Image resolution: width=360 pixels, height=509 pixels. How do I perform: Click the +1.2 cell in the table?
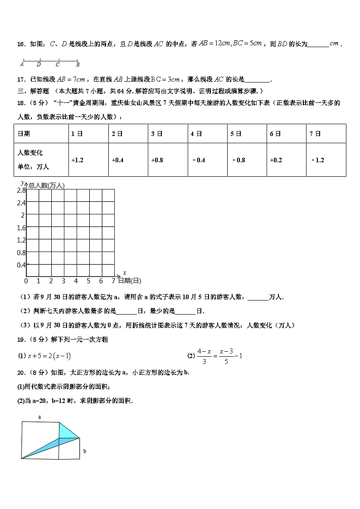point(78,160)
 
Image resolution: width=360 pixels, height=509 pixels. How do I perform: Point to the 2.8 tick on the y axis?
point(21,190)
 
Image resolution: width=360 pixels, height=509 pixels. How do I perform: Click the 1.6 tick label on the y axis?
point(21,228)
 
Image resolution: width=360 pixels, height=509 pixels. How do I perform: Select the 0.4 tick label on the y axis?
point(21,265)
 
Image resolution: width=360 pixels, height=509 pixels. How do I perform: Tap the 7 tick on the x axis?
point(113,281)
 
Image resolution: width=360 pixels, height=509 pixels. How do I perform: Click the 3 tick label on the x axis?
point(63,281)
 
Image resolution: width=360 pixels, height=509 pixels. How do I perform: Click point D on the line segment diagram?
point(39,64)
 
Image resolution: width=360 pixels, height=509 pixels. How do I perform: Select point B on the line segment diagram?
point(78,64)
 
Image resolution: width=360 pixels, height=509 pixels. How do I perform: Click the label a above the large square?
point(39,417)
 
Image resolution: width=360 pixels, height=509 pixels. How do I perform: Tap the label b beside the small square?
point(85,451)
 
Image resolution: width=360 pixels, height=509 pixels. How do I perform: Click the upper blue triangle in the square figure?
point(68,431)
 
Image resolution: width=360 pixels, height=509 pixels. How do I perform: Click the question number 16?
point(20,44)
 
